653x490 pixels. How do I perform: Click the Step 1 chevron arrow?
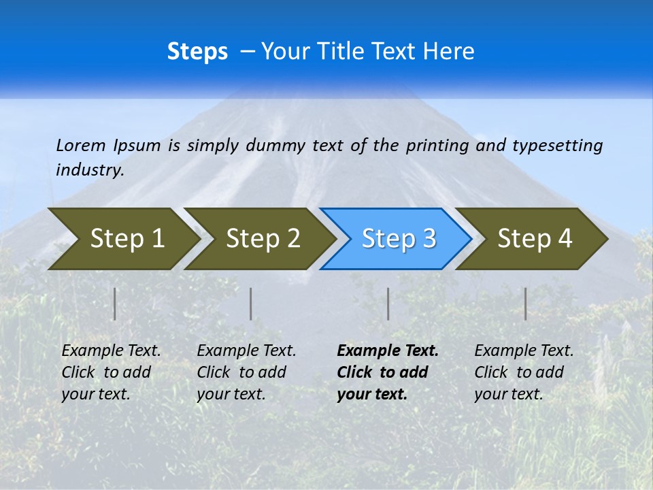(122, 238)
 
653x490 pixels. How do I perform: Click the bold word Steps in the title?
(197, 51)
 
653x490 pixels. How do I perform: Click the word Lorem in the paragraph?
(80, 145)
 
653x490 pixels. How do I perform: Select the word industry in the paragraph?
(89, 169)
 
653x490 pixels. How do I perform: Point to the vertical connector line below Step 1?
(115, 304)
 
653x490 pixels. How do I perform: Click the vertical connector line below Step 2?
(251, 304)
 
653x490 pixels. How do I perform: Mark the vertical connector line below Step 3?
(388, 304)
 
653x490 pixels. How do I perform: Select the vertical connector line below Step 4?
(526, 304)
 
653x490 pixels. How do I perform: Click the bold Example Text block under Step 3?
(387, 372)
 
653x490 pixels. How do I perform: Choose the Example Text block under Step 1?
(111, 372)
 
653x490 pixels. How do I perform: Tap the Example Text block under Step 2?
(246, 372)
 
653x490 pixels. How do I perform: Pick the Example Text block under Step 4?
(524, 372)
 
